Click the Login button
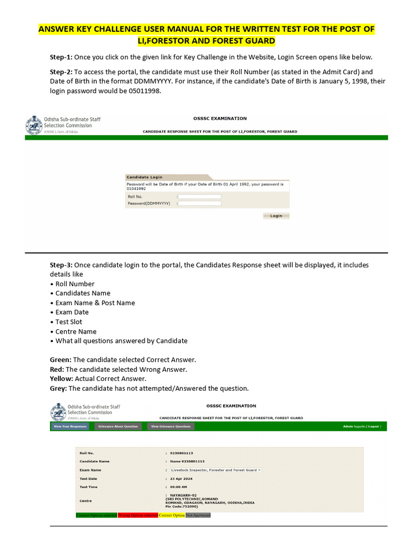(276, 216)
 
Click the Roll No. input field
(200, 196)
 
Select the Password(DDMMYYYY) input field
(200, 203)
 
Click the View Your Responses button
(70, 426)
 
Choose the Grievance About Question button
(118, 426)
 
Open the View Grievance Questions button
(170, 426)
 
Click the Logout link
(373, 426)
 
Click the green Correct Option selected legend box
(96, 515)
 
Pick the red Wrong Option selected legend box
(138, 515)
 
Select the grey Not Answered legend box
(198, 515)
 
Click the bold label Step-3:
(61, 265)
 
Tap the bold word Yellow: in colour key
(61, 379)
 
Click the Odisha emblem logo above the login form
(34, 126)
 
